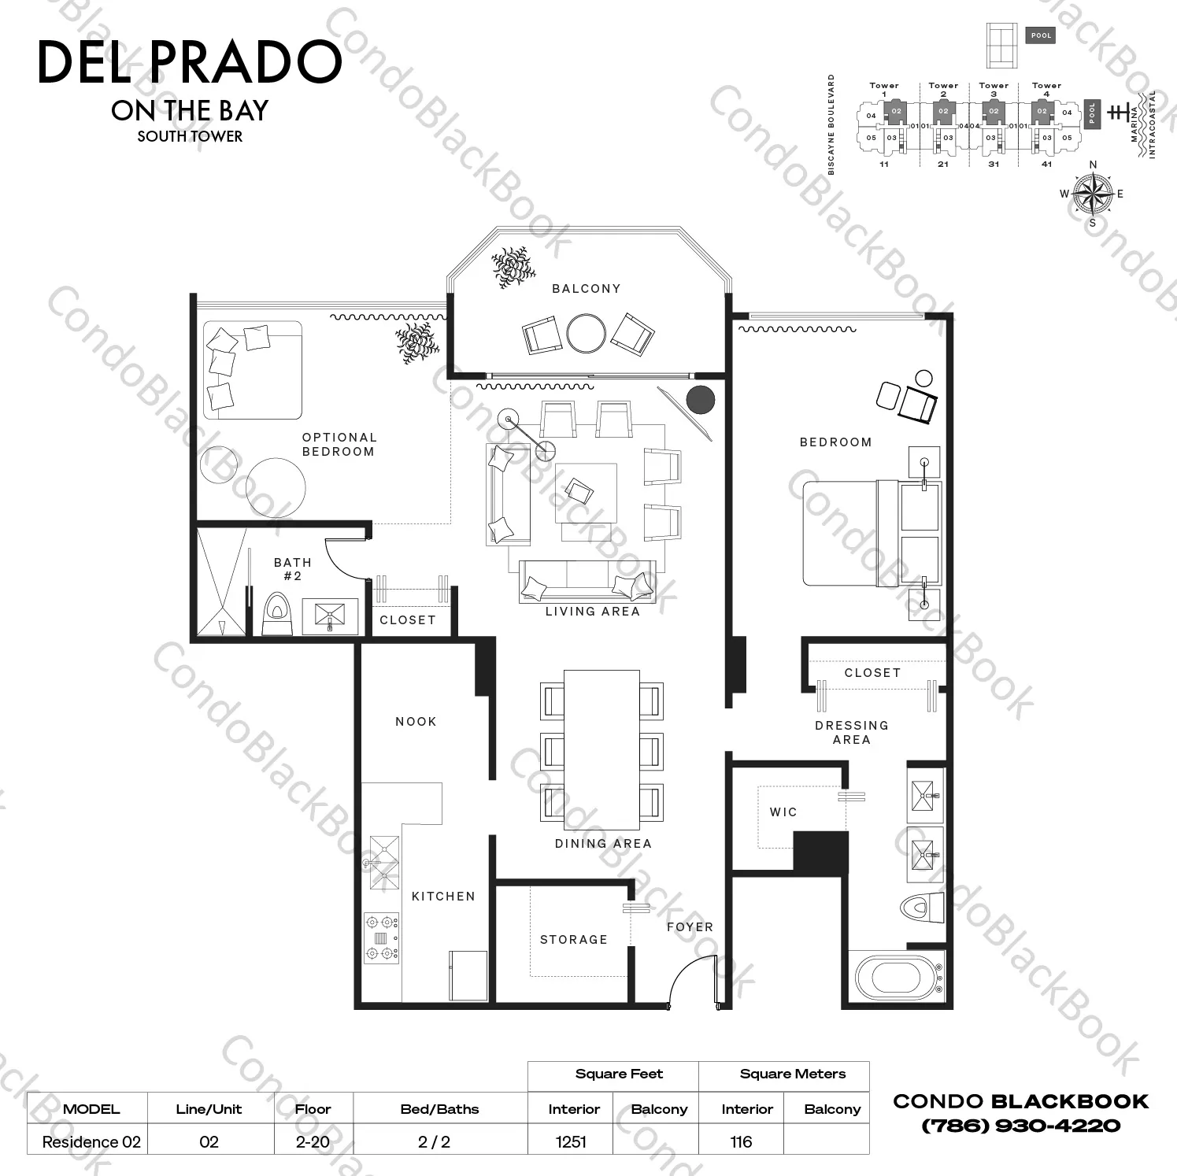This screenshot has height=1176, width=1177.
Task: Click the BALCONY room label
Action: (586, 289)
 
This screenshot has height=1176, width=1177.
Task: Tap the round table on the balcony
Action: (586, 334)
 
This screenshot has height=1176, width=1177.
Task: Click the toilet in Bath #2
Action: (276, 613)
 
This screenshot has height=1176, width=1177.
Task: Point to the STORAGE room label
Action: (573, 940)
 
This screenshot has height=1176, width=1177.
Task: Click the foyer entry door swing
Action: (691, 980)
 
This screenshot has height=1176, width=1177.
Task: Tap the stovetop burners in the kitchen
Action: (381, 937)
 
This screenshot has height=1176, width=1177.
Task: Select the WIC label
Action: (783, 812)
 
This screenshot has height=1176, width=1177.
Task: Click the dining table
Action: (601, 749)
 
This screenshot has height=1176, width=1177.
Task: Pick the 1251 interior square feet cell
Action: (572, 1141)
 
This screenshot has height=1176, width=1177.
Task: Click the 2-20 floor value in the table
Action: (313, 1141)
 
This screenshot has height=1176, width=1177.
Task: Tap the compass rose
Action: (1093, 194)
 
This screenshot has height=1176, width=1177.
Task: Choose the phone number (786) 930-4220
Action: (1021, 1126)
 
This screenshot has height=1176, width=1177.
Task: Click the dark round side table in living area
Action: (700, 400)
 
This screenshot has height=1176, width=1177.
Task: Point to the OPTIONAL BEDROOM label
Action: (339, 445)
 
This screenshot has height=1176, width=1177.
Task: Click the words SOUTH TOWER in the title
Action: (190, 136)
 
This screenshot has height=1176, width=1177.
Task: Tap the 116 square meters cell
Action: (741, 1141)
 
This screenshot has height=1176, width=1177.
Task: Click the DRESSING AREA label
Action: (852, 733)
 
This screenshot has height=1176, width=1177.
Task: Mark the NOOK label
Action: (416, 722)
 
